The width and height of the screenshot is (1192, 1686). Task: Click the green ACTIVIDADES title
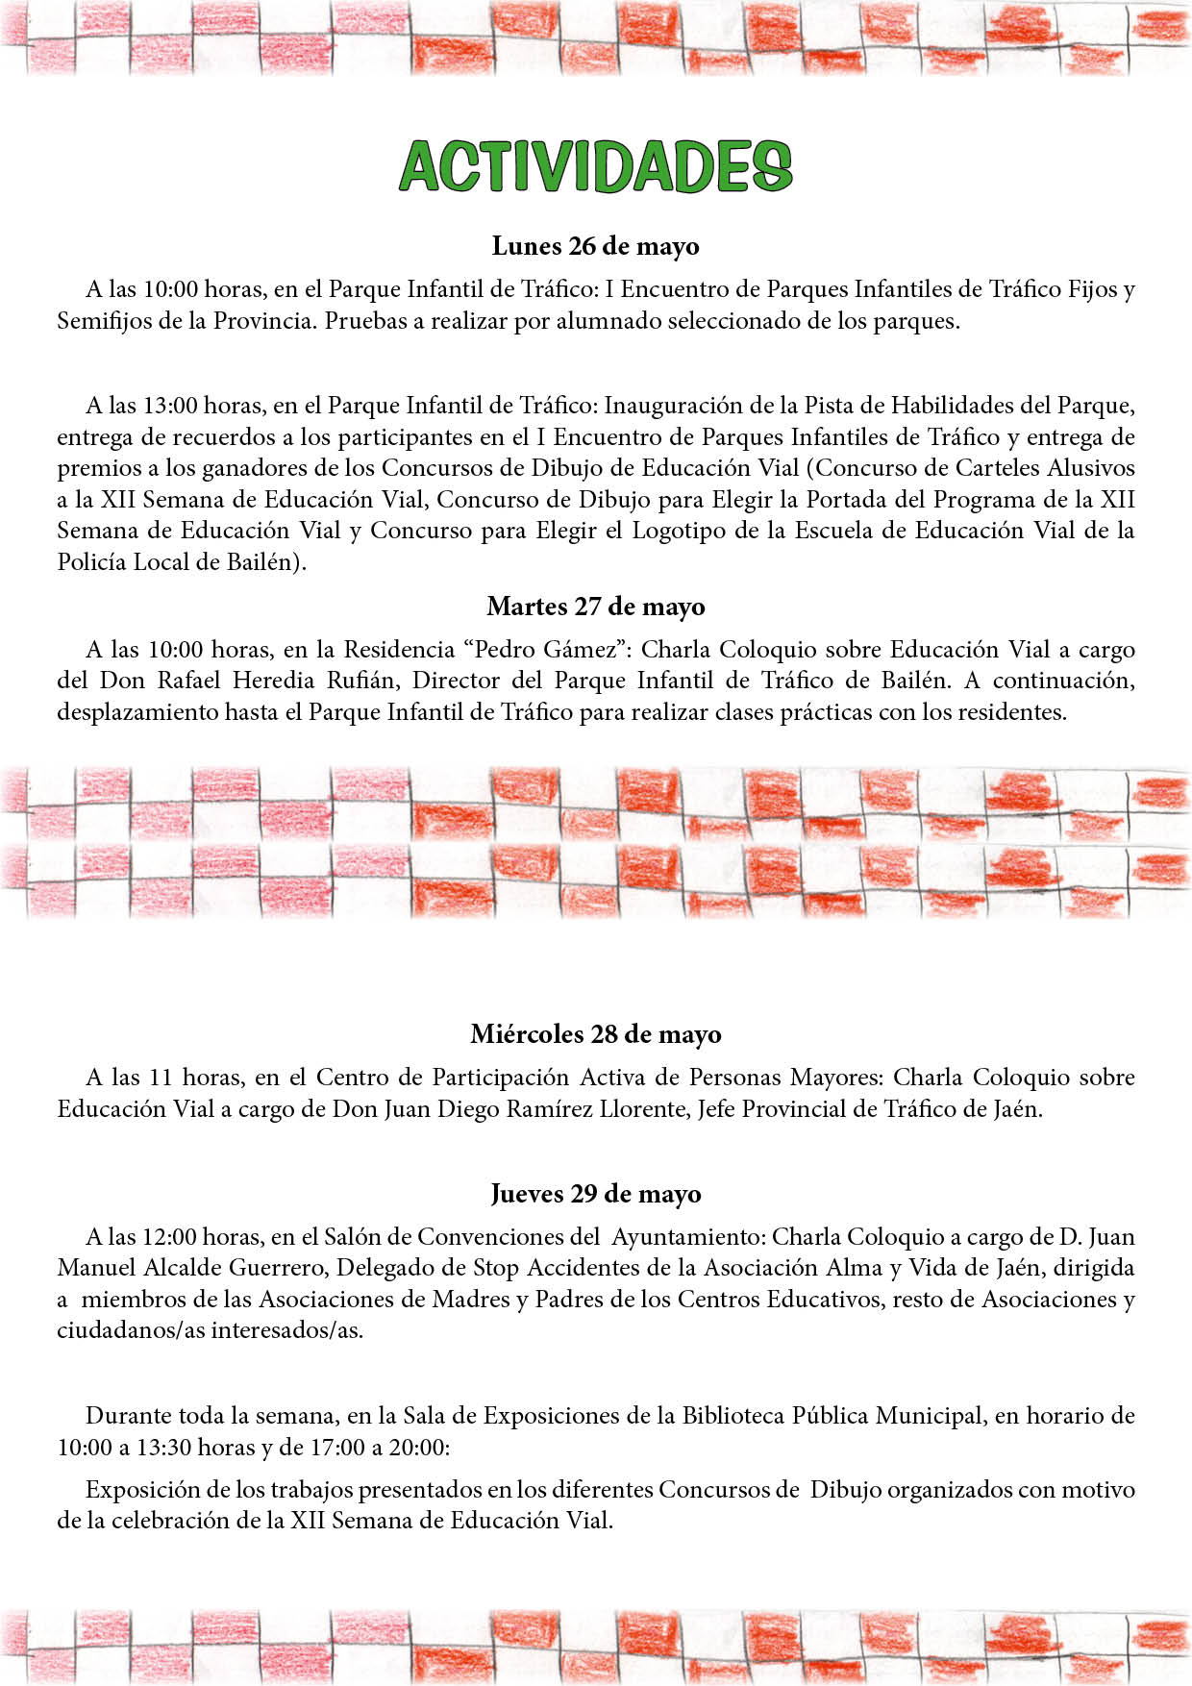pos(596,167)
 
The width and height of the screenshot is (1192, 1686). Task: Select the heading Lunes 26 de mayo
pos(596,246)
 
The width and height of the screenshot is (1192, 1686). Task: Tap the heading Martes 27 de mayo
pos(596,607)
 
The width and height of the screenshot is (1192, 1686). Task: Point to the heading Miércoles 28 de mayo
pos(596,1034)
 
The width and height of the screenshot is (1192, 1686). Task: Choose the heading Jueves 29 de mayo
pos(596,1194)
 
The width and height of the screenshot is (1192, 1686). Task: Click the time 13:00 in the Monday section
pos(169,406)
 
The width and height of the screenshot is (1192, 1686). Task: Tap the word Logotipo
pos(678,531)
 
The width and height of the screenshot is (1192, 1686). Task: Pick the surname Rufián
pos(361,681)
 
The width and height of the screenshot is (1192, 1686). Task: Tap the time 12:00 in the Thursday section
pos(169,1237)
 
